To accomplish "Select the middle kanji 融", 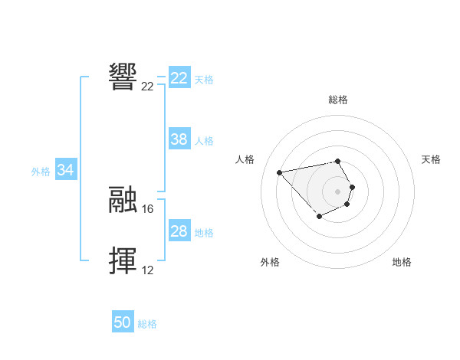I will tap(123, 199).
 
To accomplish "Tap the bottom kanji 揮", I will tap(123, 260).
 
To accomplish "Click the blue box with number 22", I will tap(179, 78).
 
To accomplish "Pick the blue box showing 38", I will tap(179, 139).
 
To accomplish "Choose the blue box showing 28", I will tap(179, 231).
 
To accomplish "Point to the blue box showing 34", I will tap(66, 170).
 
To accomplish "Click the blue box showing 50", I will tap(123, 322).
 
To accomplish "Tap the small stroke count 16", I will tap(148, 208).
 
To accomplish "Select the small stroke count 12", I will tap(147, 270).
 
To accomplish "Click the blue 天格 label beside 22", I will tap(204, 79).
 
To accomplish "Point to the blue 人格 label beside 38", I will tap(204, 141).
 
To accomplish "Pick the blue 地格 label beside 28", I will tap(204, 233).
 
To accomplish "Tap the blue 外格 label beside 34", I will tap(41, 172).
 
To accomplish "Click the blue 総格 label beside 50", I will tap(147, 324).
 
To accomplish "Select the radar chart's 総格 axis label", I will tap(337, 100).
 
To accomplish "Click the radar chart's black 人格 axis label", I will tap(245, 159).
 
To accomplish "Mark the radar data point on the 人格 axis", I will tap(279, 172).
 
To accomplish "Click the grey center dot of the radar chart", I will tap(337, 191).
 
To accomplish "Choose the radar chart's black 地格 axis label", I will tap(402, 262).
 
